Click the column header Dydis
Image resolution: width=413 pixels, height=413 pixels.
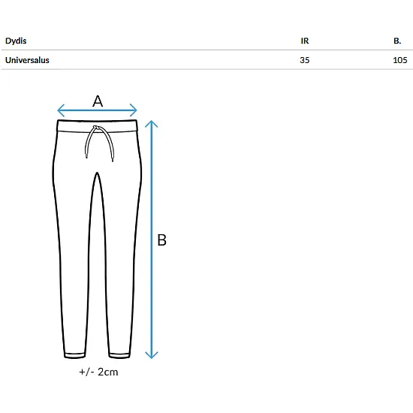(x=16, y=41)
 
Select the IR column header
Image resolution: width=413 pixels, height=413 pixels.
(x=304, y=41)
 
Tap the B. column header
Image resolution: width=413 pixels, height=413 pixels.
(x=397, y=41)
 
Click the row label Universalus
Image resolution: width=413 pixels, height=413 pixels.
(x=27, y=60)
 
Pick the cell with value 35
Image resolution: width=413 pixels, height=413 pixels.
(x=304, y=60)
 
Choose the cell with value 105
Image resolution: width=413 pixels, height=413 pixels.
(x=399, y=60)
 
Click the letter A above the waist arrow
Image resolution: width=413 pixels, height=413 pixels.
(x=98, y=101)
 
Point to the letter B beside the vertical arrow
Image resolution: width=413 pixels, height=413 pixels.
(x=161, y=240)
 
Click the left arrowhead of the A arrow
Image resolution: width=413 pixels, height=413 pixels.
(x=61, y=110)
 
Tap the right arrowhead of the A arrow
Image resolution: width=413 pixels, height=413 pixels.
(x=134, y=110)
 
